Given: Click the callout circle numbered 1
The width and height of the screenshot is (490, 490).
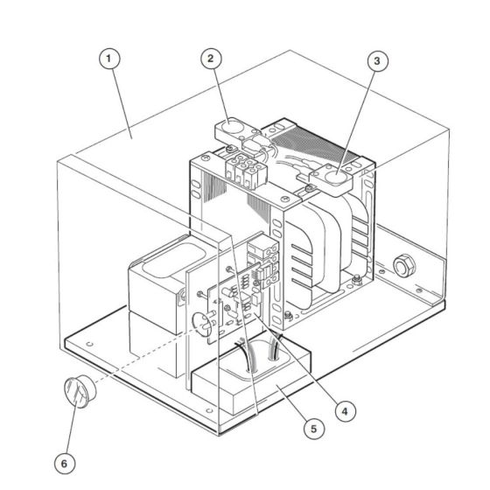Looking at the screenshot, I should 108,59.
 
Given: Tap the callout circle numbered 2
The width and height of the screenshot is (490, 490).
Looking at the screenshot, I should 209,59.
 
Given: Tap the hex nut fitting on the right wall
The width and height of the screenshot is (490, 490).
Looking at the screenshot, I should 404,263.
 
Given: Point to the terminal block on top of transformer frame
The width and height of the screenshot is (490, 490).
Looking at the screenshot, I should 244,166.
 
